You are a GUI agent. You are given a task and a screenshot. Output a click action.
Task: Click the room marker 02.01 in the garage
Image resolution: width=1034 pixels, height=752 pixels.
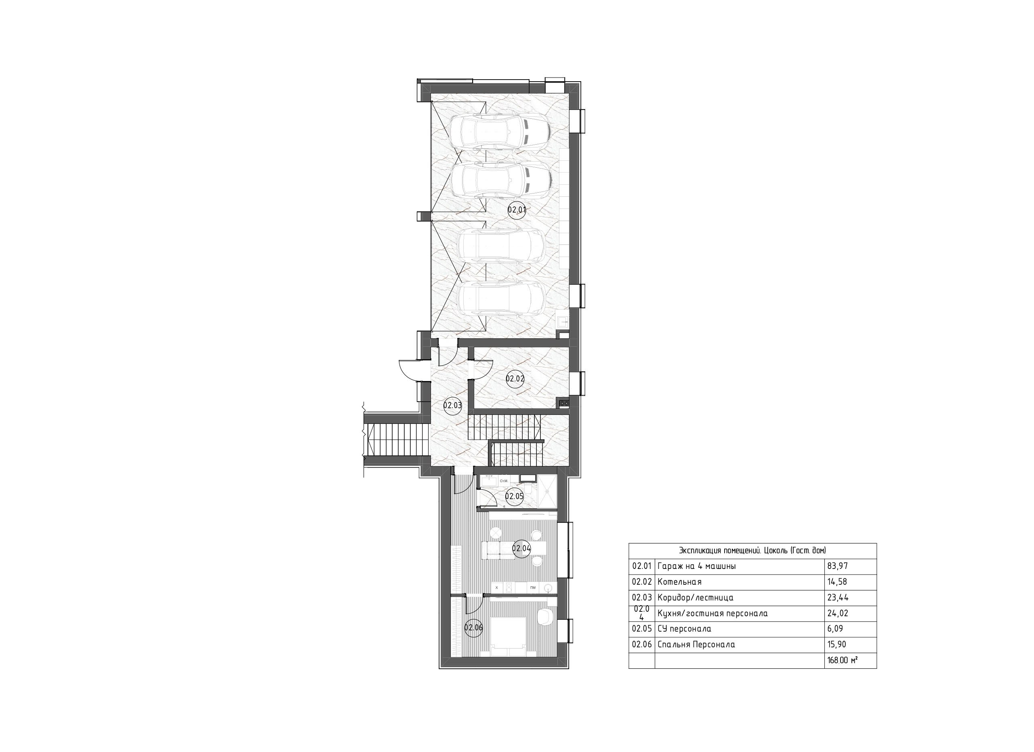(517, 210)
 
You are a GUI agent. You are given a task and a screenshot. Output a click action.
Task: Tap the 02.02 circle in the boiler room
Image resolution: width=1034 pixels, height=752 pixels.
(515, 379)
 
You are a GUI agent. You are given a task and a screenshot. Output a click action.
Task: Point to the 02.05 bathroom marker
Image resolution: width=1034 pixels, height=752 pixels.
(514, 497)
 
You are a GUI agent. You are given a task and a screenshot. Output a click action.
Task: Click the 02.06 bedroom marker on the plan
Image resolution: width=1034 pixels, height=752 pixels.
(473, 628)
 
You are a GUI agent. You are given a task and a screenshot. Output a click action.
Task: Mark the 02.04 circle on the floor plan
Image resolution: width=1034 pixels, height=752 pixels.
(521, 549)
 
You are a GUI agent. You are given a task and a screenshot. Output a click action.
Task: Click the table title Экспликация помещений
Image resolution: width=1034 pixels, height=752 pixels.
(752, 551)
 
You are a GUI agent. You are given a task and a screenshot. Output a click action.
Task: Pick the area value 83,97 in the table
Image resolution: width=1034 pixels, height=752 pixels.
(838, 567)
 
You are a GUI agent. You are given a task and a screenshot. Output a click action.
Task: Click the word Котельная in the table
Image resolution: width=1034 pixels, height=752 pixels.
(679, 582)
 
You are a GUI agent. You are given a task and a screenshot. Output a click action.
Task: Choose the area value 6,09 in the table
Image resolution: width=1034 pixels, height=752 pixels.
(835, 629)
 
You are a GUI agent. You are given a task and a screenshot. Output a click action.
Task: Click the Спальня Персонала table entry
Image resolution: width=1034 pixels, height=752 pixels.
(696, 645)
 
